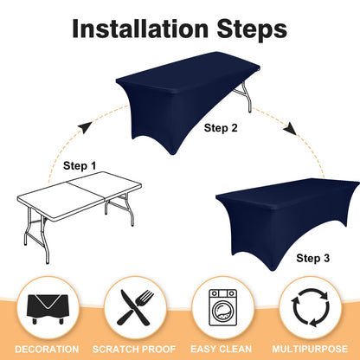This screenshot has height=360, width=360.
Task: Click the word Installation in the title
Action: (140, 29)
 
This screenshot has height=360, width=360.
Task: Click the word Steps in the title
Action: (252, 30)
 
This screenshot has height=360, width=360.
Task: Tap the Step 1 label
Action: (80, 166)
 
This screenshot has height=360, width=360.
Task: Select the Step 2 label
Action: (221, 128)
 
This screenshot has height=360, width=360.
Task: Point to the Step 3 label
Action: (312, 258)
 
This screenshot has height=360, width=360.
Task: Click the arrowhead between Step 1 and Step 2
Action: (85, 127)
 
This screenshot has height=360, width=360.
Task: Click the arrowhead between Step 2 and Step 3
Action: (290, 129)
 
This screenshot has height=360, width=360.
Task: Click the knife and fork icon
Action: (135, 307)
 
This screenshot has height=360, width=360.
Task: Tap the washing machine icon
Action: (222, 308)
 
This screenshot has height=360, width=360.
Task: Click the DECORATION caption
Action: (47, 350)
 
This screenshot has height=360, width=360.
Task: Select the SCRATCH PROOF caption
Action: (134, 350)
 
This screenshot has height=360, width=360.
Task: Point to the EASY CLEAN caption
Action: (221, 350)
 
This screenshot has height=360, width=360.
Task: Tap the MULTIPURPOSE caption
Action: (310, 350)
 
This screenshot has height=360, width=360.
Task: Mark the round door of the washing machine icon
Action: (222, 311)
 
